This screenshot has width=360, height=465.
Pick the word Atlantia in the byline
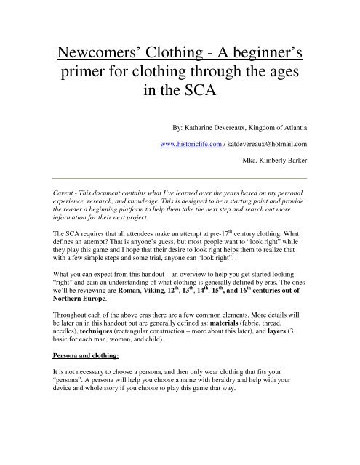coord(292,126)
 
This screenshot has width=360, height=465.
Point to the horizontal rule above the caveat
coord(180,177)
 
